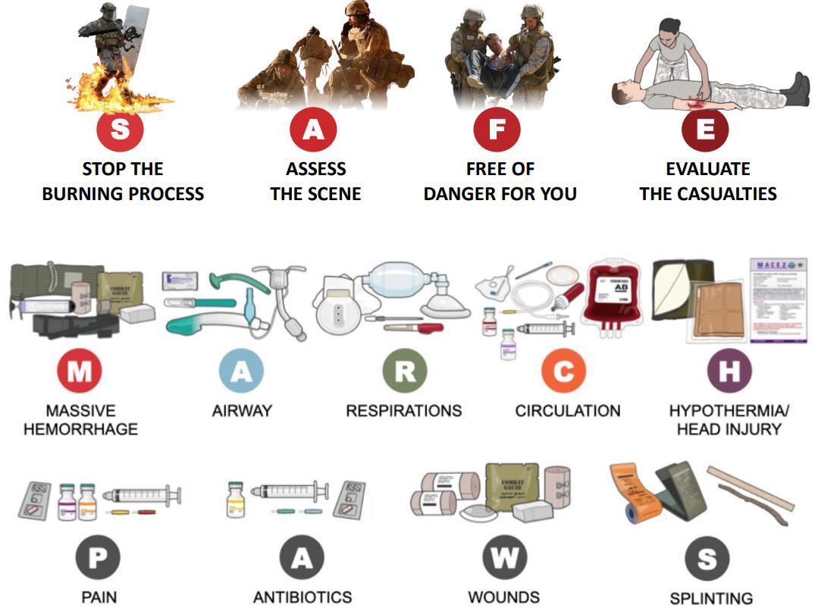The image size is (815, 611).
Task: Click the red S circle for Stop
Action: tap(120, 130)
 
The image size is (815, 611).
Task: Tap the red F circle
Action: tap(497, 130)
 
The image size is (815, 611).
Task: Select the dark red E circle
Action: tap(705, 130)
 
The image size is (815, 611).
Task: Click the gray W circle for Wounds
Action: tap(504, 559)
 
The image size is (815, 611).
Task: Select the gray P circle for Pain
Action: tap(99, 559)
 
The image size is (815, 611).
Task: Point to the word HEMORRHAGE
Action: tap(80, 429)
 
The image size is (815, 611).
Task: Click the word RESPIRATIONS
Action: tap(403, 411)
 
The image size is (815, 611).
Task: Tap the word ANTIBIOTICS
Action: tap(302, 597)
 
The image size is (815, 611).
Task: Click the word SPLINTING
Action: tap(711, 599)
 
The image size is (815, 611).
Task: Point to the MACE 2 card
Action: tap(778, 299)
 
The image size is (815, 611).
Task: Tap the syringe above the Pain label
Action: tap(142, 497)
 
